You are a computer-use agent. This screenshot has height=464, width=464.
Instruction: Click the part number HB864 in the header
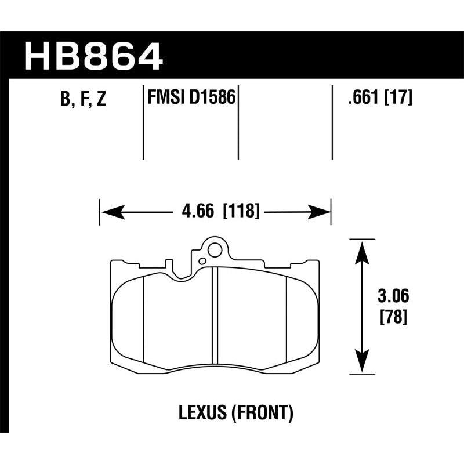(93, 56)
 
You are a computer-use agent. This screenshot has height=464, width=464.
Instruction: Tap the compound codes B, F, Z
(82, 100)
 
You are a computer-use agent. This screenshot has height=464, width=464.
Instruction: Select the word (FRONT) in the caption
(262, 414)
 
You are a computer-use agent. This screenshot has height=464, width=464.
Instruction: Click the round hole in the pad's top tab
(214, 251)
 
